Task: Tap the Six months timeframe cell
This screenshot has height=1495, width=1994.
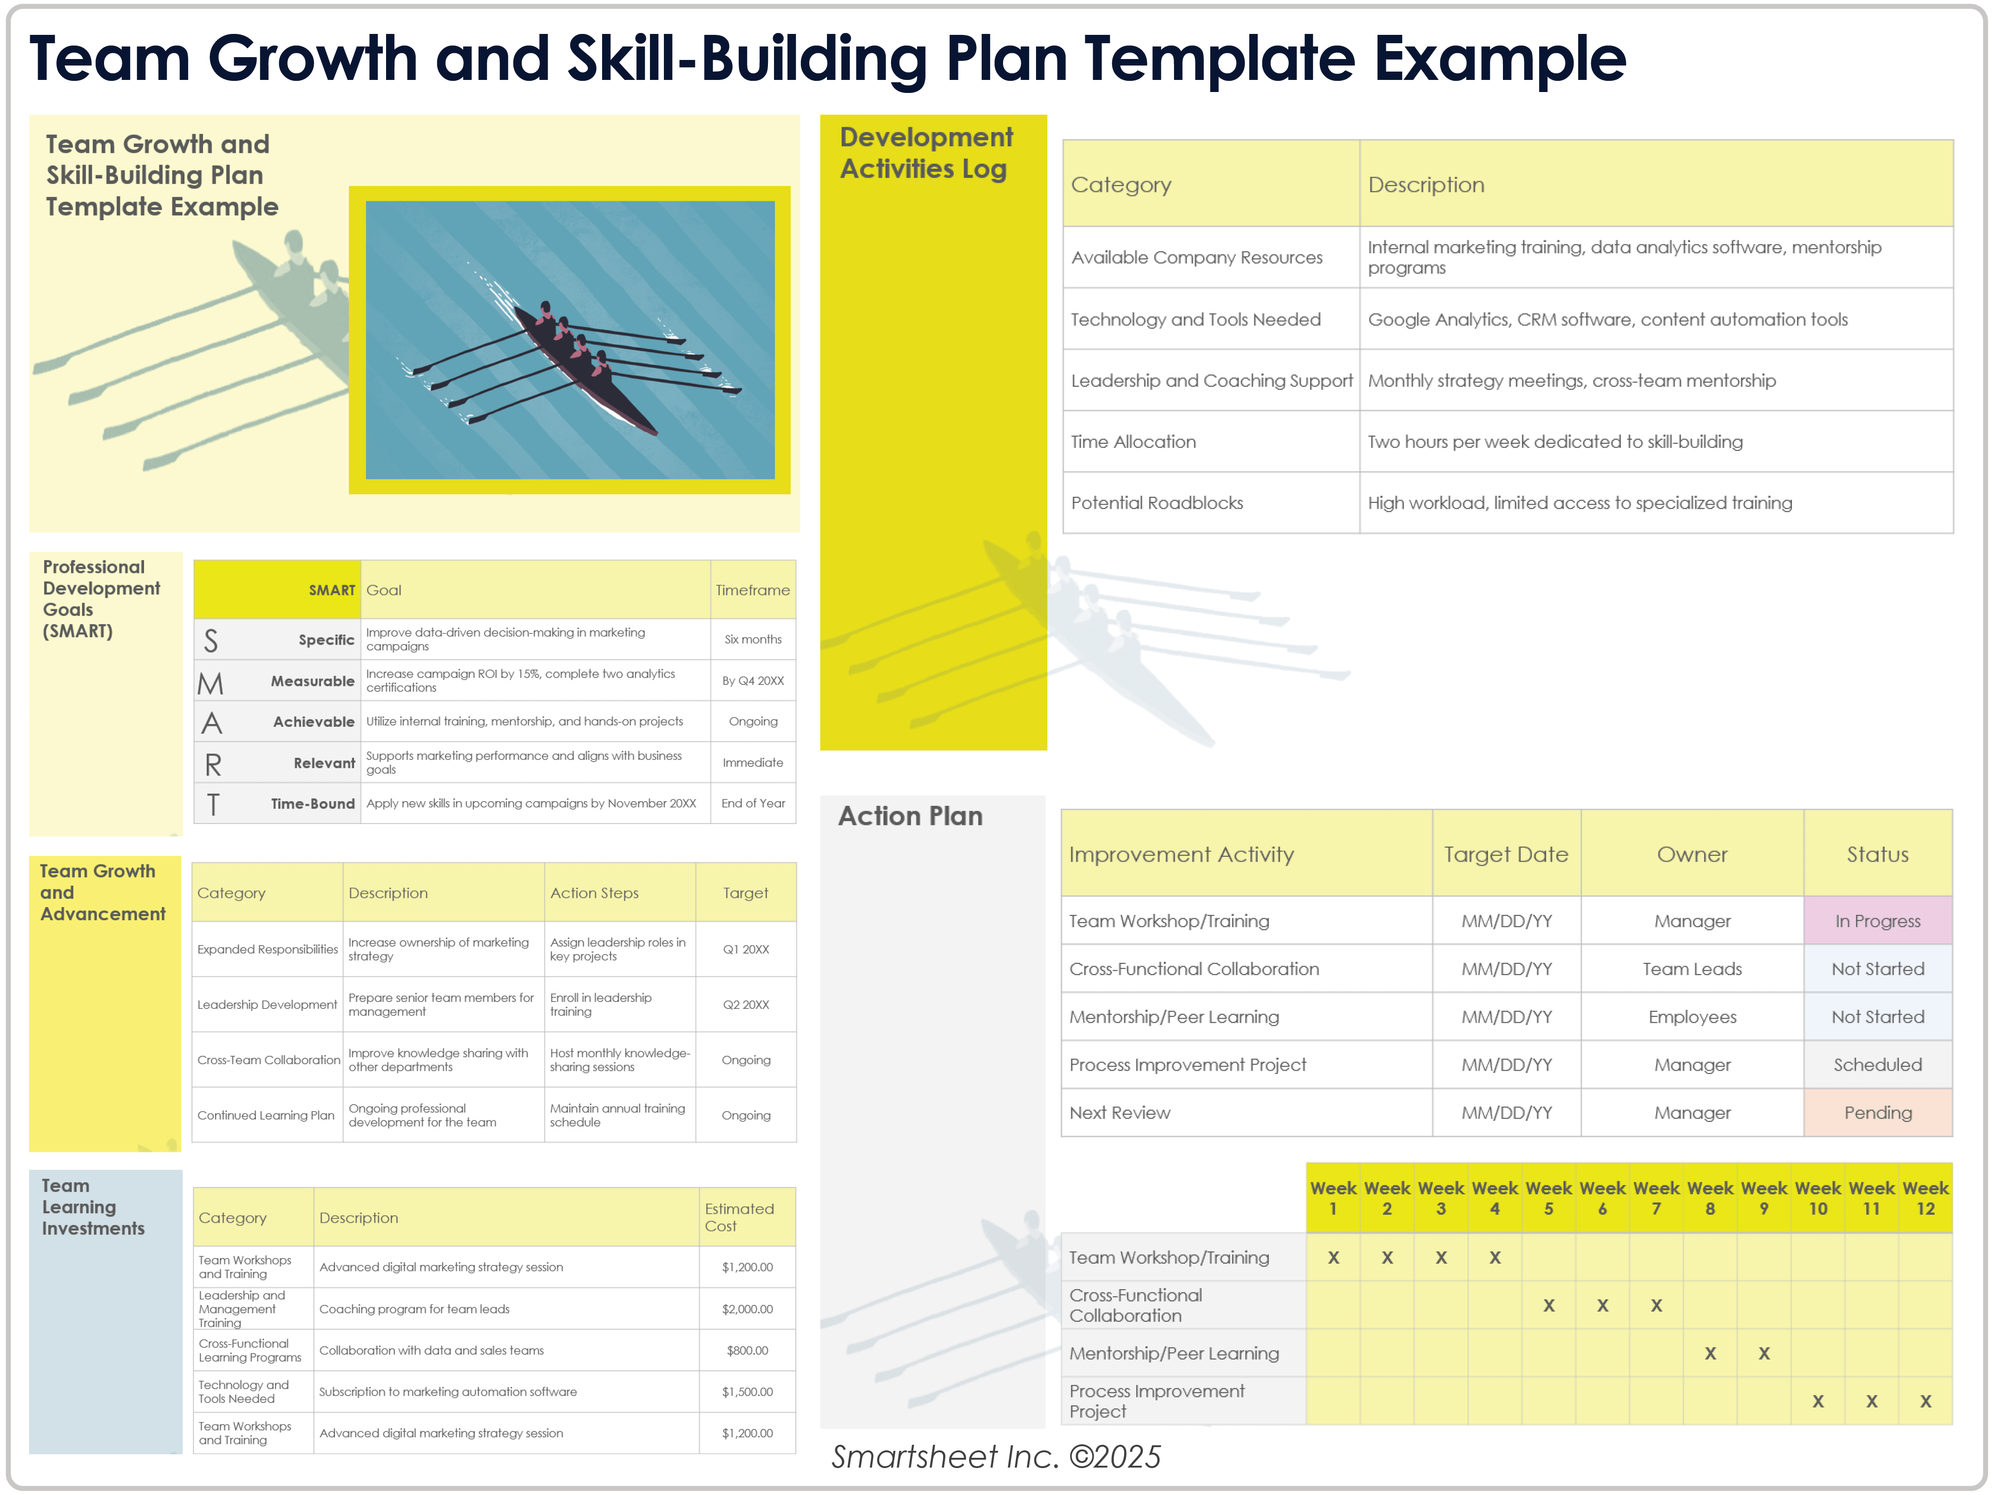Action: (753, 639)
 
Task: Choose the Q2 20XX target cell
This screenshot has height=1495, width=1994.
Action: (746, 1004)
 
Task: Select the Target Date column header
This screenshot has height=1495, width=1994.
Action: (1505, 854)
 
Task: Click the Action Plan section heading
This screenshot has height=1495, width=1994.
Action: (911, 816)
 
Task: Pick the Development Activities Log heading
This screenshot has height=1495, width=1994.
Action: (926, 153)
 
